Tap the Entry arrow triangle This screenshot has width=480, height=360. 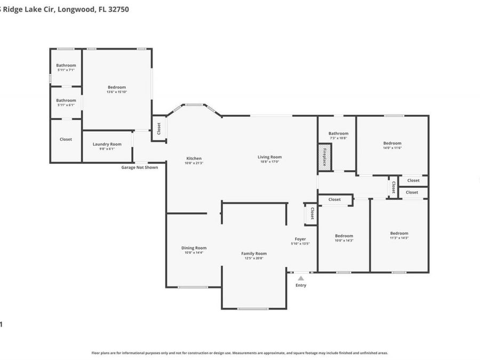click(301, 278)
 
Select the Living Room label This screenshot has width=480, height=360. click(269, 157)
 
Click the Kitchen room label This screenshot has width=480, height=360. click(194, 158)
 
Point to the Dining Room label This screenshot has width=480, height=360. click(194, 248)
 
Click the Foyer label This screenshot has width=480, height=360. click(300, 239)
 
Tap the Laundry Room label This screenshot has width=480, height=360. click(107, 144)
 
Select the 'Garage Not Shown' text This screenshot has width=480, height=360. click(140, 167)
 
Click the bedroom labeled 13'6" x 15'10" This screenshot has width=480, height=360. click(117, 87)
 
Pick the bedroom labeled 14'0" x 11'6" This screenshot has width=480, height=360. click(392, 143)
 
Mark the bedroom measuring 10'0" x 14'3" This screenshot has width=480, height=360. click(343, 236)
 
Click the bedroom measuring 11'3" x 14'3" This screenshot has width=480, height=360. click(399, 233)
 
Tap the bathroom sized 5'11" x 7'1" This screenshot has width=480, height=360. click(66, 66)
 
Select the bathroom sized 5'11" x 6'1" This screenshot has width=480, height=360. click(66, 100)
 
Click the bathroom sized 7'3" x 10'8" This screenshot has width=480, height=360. click(338, 134)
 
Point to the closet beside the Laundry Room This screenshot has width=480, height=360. click(66, 139)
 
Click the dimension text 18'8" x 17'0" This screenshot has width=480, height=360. click(269, 162)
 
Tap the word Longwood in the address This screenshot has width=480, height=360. click(74, 9)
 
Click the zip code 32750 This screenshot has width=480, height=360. click(117, 9)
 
